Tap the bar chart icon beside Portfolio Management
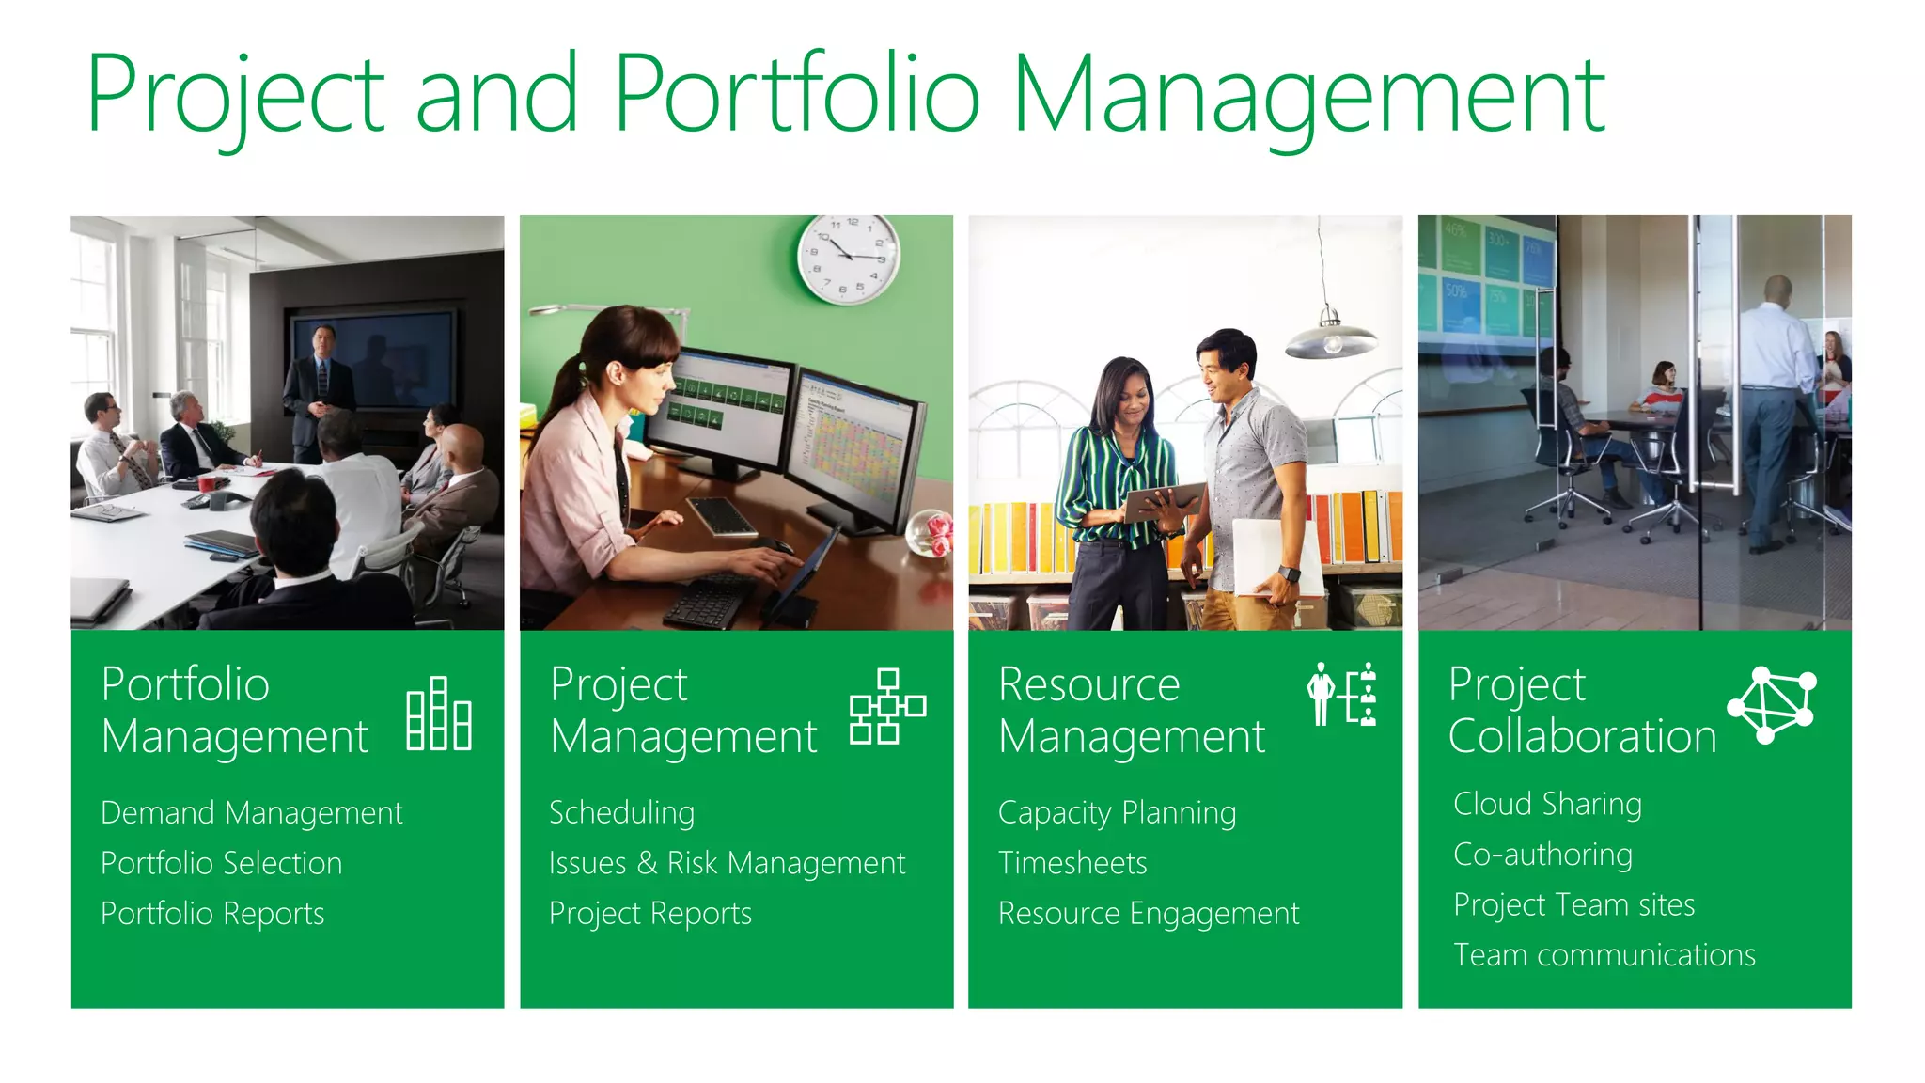(438, 714)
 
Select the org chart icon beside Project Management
(886, 707)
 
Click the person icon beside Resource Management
(1321, 694)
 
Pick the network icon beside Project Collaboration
(1771, 705)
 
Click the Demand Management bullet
(251, 813)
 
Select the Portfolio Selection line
(221, 864)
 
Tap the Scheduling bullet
(621, 813)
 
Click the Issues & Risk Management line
(727, 864)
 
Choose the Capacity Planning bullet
(1117, 813)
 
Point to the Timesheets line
(1072, 864)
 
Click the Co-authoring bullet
(1542, 855)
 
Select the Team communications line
(1604, 956)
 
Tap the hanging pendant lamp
(1331, 337)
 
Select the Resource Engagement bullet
(1149, 914)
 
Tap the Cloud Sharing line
(1547, 805)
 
